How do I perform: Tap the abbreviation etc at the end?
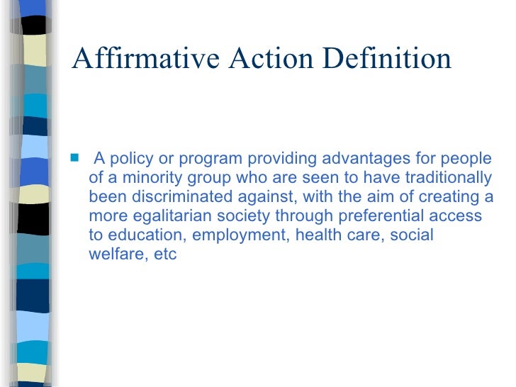coord(165,254)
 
